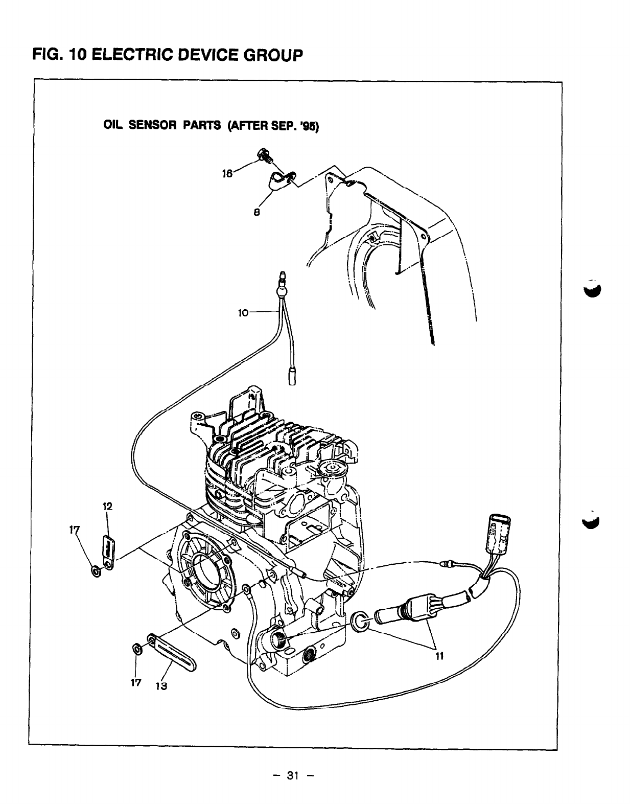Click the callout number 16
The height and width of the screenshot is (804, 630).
[x=226, y=173]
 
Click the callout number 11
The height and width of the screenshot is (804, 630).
[x=438, y=657]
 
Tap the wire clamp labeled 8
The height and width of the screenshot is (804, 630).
[x=279, y=180]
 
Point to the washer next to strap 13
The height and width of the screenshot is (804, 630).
[x=137, y=649]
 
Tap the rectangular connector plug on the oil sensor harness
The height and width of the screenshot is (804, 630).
[x=495, y=532]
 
